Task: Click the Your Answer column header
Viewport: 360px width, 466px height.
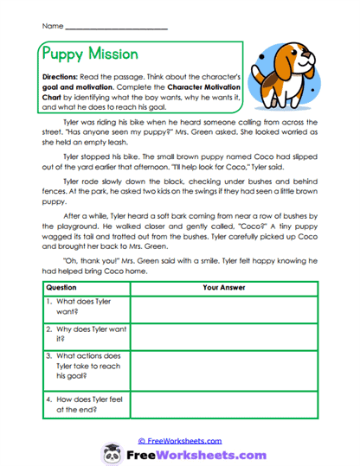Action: pyautogui.click(x=223, y=286)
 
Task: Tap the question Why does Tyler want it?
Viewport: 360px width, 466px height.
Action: pyautogui.click(x=79, y=335)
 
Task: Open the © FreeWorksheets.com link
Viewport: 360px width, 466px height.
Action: pyautogui.click(x=180, y=440)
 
